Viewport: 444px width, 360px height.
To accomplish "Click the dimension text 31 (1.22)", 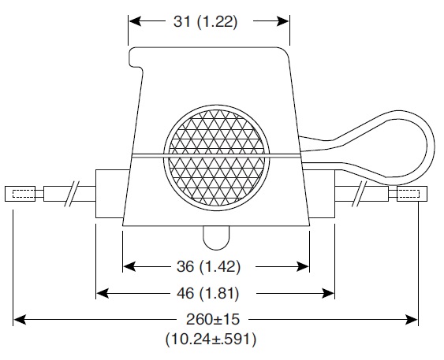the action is point(205,22).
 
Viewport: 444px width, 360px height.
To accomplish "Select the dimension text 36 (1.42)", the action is point(208,266).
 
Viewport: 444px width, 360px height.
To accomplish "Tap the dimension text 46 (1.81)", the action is point(208,293).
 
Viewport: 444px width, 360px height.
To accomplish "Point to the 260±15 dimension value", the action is point(213,319).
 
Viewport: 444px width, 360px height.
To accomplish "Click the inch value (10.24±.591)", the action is point(211,339).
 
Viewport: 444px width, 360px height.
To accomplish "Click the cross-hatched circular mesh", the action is point(217,158).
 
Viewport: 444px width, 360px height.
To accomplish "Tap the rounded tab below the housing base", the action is point(216,238).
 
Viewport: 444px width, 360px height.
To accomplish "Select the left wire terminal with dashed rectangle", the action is point(20,194).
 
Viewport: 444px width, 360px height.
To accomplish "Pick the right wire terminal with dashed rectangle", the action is point(412,194).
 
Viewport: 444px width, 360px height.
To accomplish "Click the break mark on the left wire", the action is point(72,194).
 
